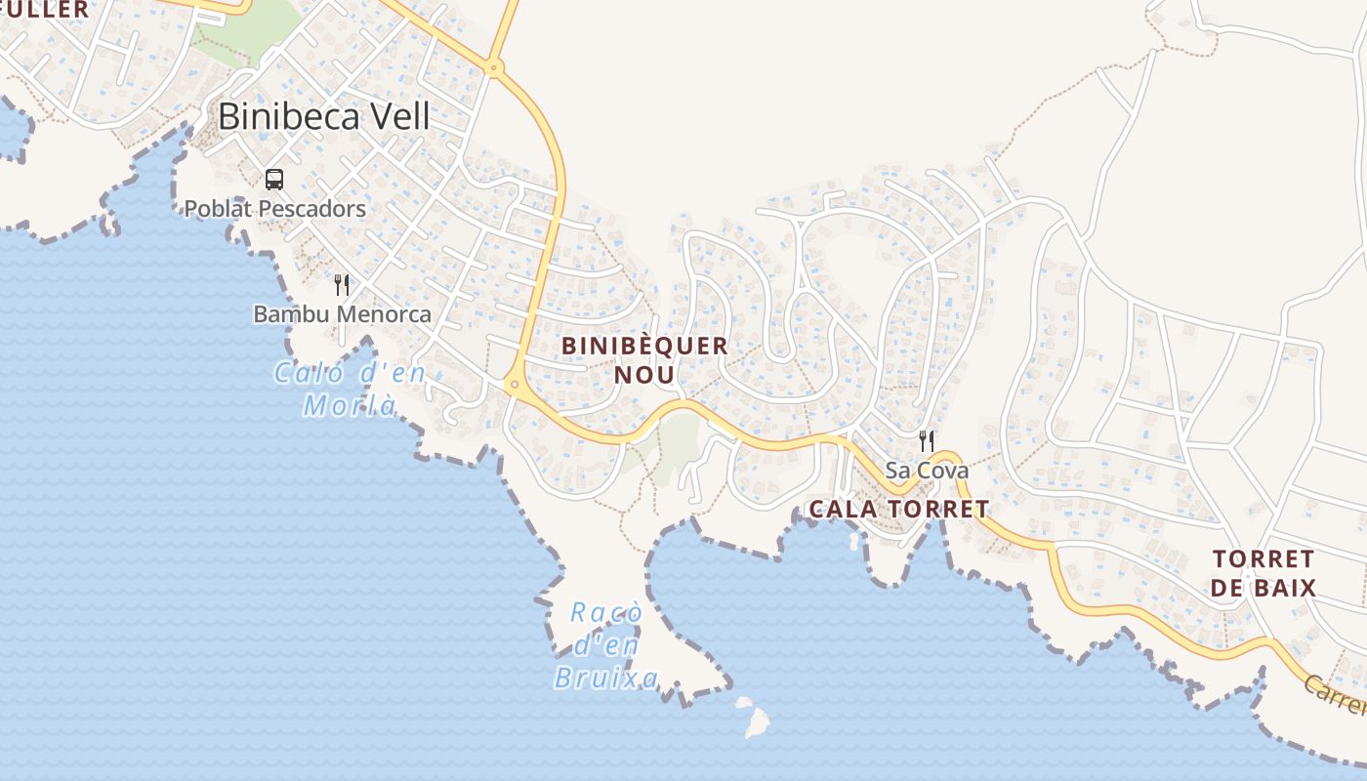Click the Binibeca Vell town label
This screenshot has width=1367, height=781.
[323, 117]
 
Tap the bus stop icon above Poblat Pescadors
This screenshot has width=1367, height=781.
[274, 180]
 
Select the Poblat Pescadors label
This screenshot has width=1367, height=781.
[275, 209]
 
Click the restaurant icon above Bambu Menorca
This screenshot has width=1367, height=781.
[342, 285]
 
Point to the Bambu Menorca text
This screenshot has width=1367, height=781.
[342, 314]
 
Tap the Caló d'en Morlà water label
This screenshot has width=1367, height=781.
[349, 389]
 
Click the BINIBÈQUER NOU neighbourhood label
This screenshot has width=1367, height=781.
[645, 359]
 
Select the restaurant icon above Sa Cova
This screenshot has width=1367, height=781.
[927, 441]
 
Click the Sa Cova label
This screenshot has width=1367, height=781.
[927, 471]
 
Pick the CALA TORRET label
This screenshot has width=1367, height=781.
[899, 509]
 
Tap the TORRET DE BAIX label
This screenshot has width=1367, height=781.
[1264, 573]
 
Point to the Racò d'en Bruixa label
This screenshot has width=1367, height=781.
[606, 645]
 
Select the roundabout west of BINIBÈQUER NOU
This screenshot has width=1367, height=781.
[514, 385]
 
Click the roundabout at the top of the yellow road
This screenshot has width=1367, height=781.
[494, 67]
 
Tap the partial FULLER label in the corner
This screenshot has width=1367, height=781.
[44, 10]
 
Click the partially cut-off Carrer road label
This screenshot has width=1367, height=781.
[1338, 694]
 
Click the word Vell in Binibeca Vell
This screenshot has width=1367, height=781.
[395, 117]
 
